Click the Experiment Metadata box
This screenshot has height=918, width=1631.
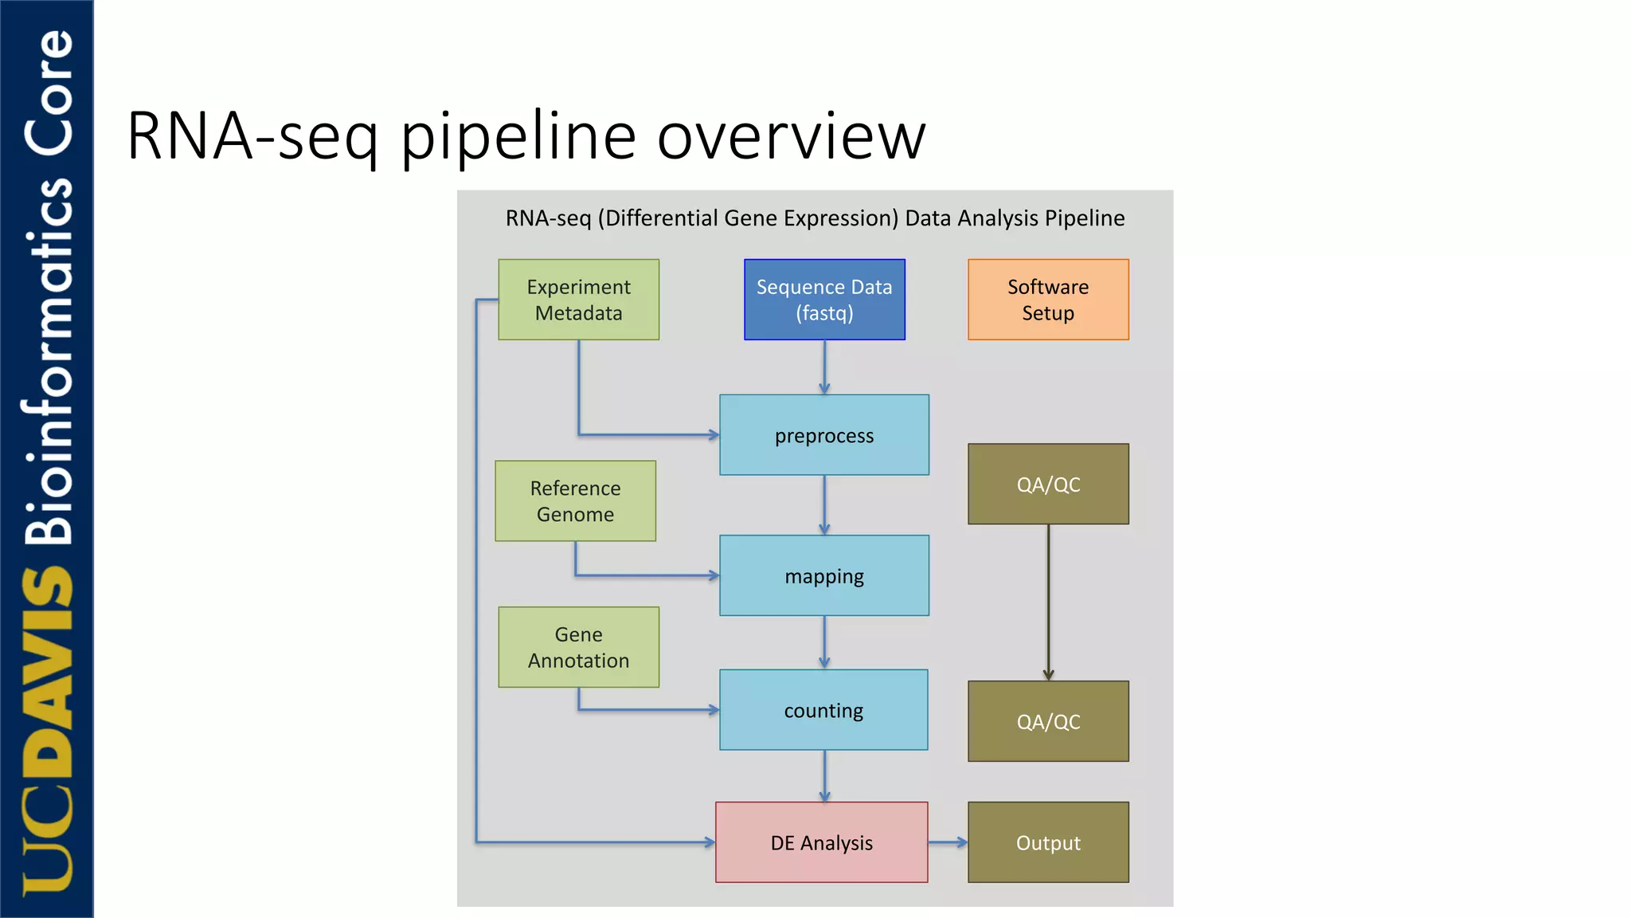(578, 300)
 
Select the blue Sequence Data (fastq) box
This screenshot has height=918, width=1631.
(824, 300)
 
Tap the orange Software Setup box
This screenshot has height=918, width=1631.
(1048, 300)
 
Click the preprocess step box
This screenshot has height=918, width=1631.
(824, 435)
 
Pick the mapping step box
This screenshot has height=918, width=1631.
(824, 575)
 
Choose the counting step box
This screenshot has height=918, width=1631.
(823, 710)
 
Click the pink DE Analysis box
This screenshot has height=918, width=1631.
(821, 842)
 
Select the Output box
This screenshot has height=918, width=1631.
(1048, 842)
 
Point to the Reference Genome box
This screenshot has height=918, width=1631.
(575, 501)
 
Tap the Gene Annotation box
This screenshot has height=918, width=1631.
(578, 647)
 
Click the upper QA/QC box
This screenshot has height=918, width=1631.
(1048, 484)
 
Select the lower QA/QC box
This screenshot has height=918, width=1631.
(1048, 721)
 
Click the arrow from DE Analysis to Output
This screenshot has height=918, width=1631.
(948, 842)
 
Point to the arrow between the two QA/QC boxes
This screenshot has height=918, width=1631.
(1048, 602)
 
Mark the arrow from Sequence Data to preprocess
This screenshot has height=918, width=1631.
(824, 367)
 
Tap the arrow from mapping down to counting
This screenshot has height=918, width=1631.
(824, 642)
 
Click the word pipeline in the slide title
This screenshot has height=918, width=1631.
(518, 137)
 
